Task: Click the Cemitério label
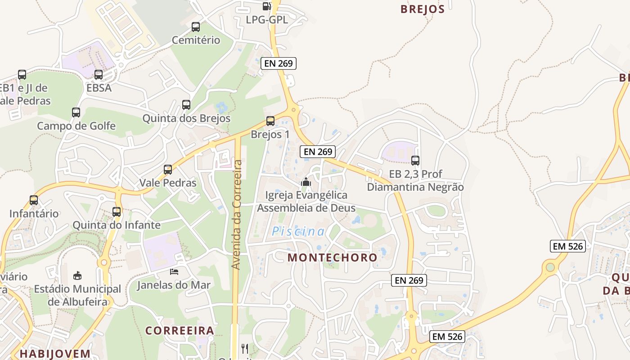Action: click(196, 40)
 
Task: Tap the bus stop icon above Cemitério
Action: click(196, 27)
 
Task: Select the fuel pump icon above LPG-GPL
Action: click(266, 6)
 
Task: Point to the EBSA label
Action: click(99, 88)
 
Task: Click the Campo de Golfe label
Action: click(76, 126)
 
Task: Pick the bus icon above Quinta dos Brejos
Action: click(186, 105)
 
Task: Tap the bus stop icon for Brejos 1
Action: click(270, 121)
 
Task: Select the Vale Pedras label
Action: click(168, 183)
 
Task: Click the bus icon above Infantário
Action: click(34, 200)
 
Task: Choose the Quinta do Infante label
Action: click(117, 225)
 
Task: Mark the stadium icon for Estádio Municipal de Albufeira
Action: click(77, 275)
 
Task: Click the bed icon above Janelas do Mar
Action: click(174, 271)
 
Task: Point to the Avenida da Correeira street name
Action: click(237, 215)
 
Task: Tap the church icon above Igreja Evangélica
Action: click(306, 182)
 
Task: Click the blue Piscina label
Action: click(298, 232)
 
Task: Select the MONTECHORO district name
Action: click(333, 257)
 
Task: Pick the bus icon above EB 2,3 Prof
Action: click(415, 161)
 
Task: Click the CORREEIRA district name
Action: click(180, 331)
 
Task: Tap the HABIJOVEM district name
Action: click(55, 354)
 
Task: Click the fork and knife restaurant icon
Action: click(245, 348)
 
